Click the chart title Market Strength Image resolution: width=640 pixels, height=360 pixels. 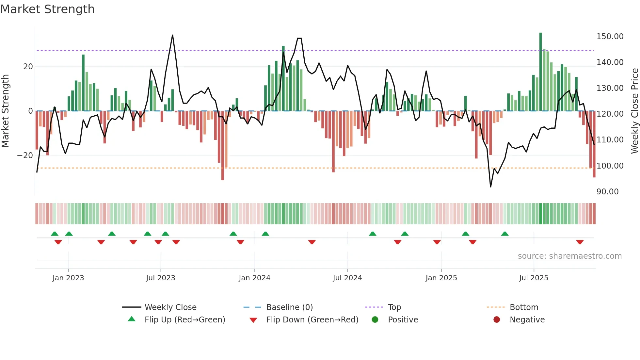click(47, 9)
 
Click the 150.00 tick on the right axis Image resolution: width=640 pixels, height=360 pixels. click(610, 37)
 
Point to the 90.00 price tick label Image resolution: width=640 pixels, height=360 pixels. click(607, 192)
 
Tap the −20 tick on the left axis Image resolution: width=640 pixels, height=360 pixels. click(25, 155)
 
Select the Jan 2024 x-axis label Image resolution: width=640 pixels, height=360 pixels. click(254, 278)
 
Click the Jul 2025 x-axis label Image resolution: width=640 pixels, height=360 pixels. click(534, 278)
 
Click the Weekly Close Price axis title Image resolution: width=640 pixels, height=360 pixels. click(634, 111)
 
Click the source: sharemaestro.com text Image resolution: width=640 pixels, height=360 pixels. click(569, 256)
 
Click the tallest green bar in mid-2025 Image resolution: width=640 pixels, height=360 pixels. click(540, 72)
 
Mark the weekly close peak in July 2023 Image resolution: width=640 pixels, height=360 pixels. click(172, 35)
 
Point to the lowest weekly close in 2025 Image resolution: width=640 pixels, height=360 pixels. click(490, 187)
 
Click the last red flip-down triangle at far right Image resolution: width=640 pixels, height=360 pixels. click(580, 242)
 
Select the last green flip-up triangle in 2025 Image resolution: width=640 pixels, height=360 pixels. click(505, 234)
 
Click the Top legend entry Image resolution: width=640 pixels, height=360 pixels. click(394, 307)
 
